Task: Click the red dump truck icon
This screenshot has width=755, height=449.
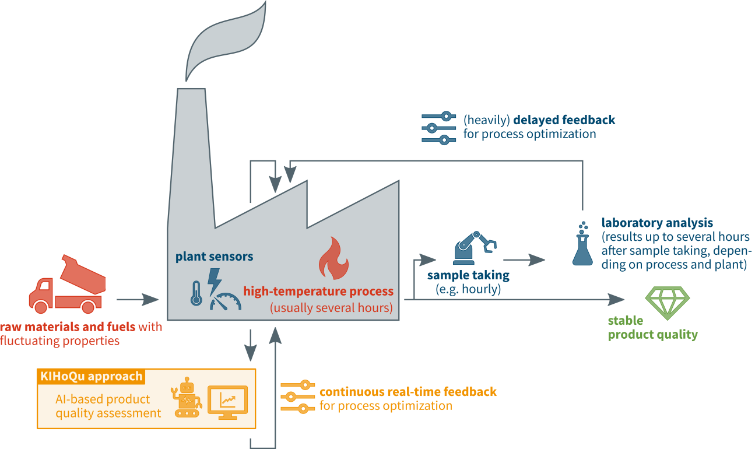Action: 66,285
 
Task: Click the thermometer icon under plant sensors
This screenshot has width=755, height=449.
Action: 197,292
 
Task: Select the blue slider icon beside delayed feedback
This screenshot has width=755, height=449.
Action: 438,128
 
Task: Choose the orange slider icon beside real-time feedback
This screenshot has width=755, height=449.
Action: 297,397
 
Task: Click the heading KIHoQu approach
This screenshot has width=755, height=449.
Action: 92,376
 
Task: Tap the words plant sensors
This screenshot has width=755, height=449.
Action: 215,257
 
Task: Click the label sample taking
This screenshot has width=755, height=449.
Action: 468,275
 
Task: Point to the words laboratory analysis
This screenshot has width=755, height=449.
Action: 657,223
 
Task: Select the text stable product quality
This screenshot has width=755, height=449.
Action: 652,328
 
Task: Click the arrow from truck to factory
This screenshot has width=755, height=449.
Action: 138,300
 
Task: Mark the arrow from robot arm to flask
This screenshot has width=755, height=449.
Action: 525,260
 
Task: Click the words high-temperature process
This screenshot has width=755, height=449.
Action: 318,292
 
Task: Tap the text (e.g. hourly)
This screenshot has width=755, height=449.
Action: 468,289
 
